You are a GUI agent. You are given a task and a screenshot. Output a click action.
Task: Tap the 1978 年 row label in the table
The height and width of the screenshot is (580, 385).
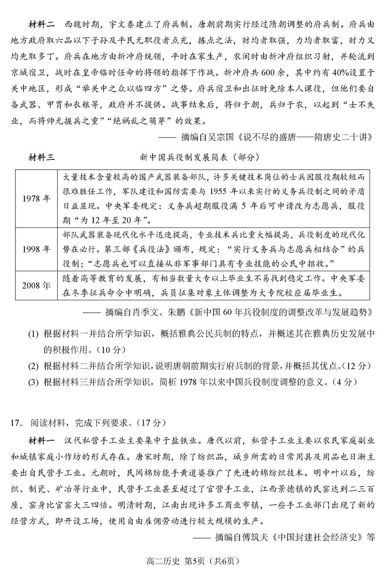click(36, 198)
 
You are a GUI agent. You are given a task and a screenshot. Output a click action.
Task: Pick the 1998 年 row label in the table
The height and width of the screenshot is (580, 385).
click(36, 249)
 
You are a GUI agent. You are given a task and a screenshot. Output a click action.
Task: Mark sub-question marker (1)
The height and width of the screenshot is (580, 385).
click(33, 334)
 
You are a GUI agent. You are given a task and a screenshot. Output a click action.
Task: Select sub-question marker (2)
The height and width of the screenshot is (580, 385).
click(33, 366)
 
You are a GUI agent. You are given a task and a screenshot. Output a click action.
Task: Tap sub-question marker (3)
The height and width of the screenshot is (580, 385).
click(33, 382)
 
